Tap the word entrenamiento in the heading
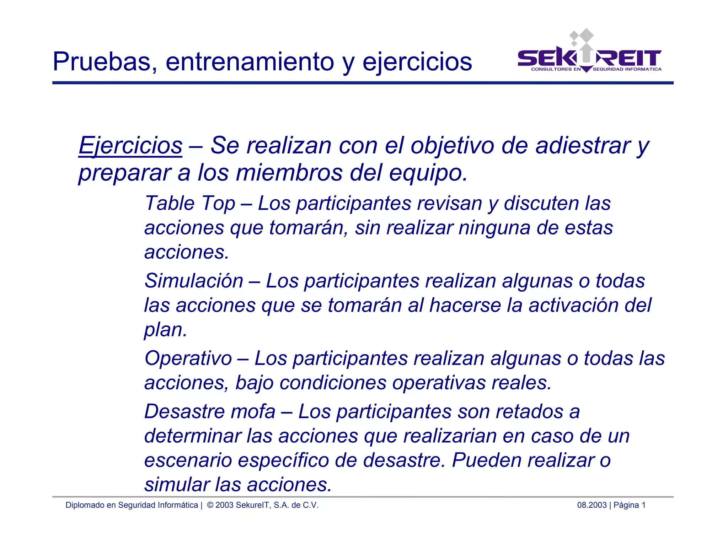[x=250, y=62]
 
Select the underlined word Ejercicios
[x=130, y=146]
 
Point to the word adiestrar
[x=583, y=146]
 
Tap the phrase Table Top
[x=190, y=204]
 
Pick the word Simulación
[x=194, y=281]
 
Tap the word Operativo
[x=188, y=358]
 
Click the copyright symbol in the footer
[x=210, y=505]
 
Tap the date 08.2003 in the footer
[x=591, y=505]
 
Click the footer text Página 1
[x=630, y=505]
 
